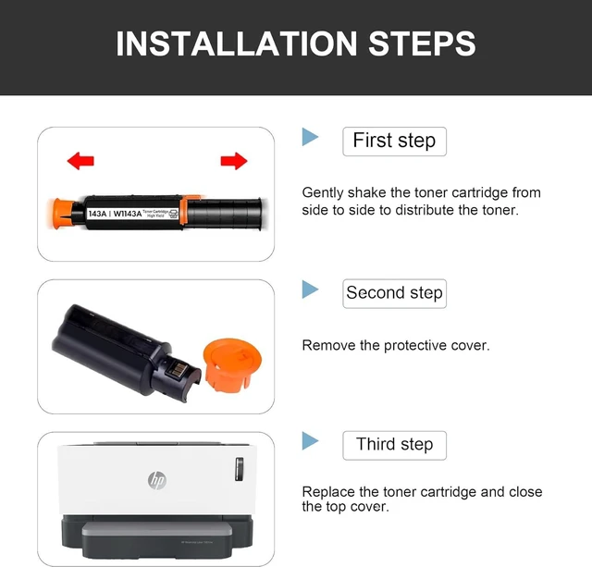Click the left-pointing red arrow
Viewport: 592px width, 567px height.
pyautogui.click(x=80, y=161)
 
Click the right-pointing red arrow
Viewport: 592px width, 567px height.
pyautogui.click(x=234, y=161)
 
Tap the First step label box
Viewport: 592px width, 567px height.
pyautogui.click(x=395, y=142)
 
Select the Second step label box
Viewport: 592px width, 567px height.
pyautogui.click(x=395, y=294)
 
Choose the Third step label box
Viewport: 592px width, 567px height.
pyautogui.click(x=395, y=446)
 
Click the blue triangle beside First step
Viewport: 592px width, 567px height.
pyautogui.click(x=310, y=137)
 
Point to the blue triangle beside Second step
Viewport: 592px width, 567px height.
pyautogui.click(x=310, y=290)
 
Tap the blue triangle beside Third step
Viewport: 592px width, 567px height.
pyautogui.click(x=310, y=441)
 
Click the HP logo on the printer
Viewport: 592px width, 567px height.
pyautogui.click(x=157, y=480)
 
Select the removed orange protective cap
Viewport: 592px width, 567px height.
pyautogui.click(x=232, y=365)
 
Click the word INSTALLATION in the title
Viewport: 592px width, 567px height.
pyautogui.click(x=237, y=43)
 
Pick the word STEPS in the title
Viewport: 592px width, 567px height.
pyautogui.click(x=422, y=43)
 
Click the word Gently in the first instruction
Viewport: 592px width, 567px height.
pyautogui.click(x=323, y=193)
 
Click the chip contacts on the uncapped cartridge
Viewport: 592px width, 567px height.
pyautogui.click(x=176, y=370)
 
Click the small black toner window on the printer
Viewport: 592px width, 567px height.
pyautogui.click(x=240, y=469)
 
